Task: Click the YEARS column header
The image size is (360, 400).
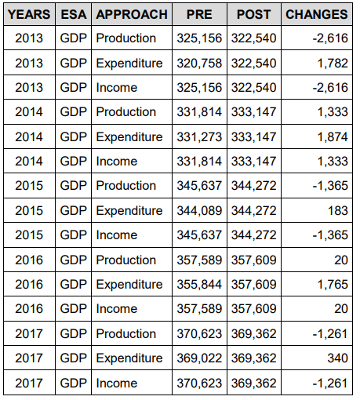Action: pyautogui.click(x=29, y=14)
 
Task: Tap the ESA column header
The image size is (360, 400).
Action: pyautogui.click(x=74, y=14)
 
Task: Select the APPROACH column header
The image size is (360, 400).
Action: pyautogui.click(x=132, y=14)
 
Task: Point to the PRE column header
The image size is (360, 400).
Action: pyautogui.click(x=199, y=14)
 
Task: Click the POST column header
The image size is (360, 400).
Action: pyautogui.click(x=253, y=14)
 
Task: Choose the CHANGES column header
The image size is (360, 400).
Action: pyautogui.click(x=317, y=14)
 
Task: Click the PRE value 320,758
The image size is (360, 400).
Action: pyautogui.click(x=199, y=64)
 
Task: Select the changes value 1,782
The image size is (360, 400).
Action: pyautogui.click(x=333, y=64)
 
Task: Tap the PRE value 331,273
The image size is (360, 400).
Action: pyautogui.click(x=199, y=137)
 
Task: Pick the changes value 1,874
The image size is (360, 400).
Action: pyautogui.click(x=333, y=137)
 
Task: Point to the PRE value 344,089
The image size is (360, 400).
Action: pyautogui.click(x=199, y=211)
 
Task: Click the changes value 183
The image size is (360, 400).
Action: pyautogui.click(x=338, y=211)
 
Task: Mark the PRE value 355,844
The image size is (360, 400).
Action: pyautogui.click(x=199, y=285)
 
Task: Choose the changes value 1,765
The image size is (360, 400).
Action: pyautogui.click(x=333, y=285)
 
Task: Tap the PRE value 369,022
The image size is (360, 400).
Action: pyautogui.click(x=199, y=358)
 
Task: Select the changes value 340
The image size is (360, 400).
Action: pyautogui.click(x=337, y=358)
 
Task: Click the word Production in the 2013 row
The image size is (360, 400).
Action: pyautogui.click(x=126, y=38)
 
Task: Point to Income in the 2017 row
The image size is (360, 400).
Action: pyautogui.click(x=117, y=384)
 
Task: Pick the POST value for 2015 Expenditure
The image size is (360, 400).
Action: pyautogui.click(x=253, y=211)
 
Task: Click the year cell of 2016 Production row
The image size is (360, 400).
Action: pyautogui.click(x=29, y=260)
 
